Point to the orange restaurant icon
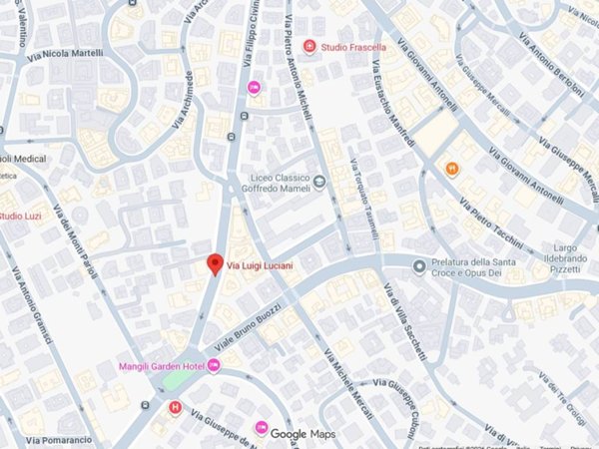[452, 169]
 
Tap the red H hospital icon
[177, 406]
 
